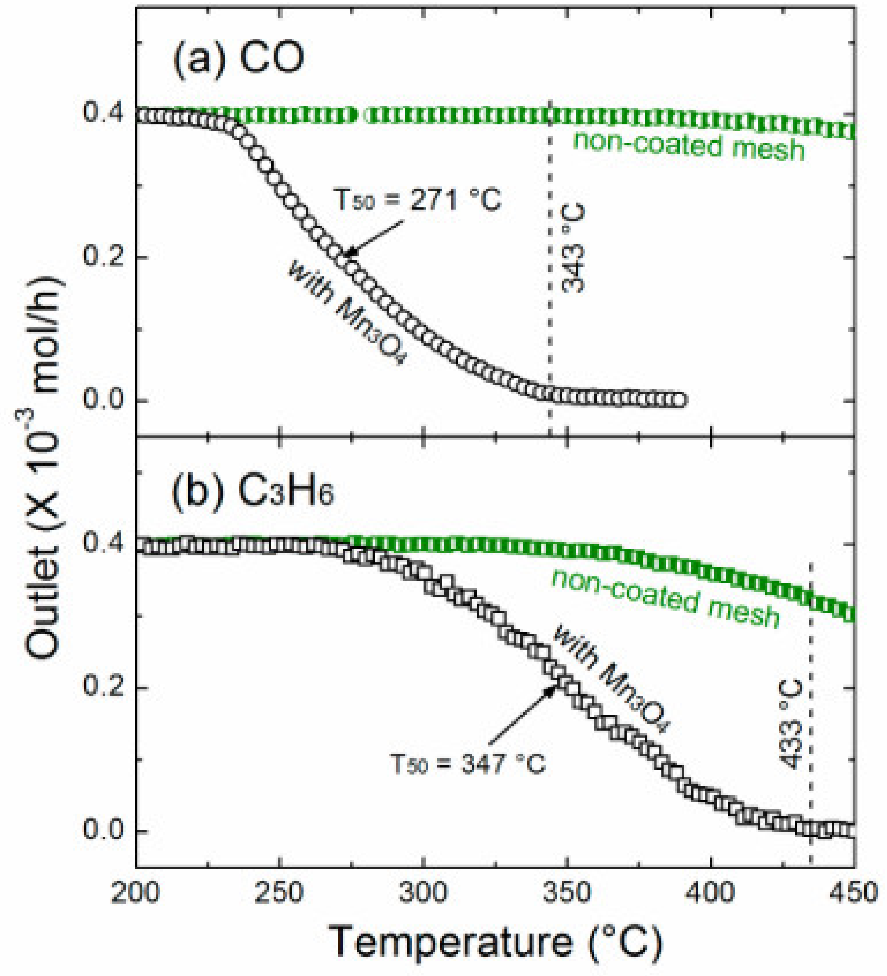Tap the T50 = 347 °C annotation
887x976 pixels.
point(468,765)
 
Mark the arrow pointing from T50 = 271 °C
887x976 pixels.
point(376,238)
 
